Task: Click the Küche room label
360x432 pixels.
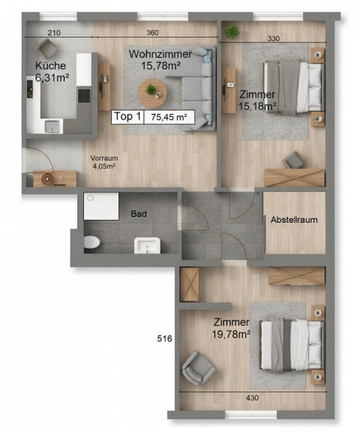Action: tap(51, 66)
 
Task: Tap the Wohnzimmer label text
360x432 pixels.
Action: tap(160, 54)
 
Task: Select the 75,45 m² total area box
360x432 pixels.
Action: tap(169, 117)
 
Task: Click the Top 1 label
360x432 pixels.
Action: tap(127, 117)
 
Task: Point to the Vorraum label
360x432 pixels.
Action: tap(104, 158)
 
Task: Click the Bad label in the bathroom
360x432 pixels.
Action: tap(139, 214)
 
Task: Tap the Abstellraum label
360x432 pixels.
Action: tap(294, 220)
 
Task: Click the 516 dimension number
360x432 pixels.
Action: tap(164, 338)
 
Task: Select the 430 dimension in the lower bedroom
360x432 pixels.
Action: tap(252, 397)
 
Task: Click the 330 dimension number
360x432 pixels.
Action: tap(274, 38)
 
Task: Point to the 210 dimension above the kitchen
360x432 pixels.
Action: tap(54, 33)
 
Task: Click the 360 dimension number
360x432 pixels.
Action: tap(152, 33)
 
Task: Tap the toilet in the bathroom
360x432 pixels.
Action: tap(91, 242)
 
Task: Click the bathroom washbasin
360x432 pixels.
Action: tap(147, 245)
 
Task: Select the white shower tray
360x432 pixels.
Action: tap(101, 206)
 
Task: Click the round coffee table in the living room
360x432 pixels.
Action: tap(152, 94)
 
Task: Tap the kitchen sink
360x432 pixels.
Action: tap(52, 127)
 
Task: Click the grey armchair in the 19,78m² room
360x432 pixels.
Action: tap(198, 367)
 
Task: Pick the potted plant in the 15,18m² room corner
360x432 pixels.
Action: tap(232, 31)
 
